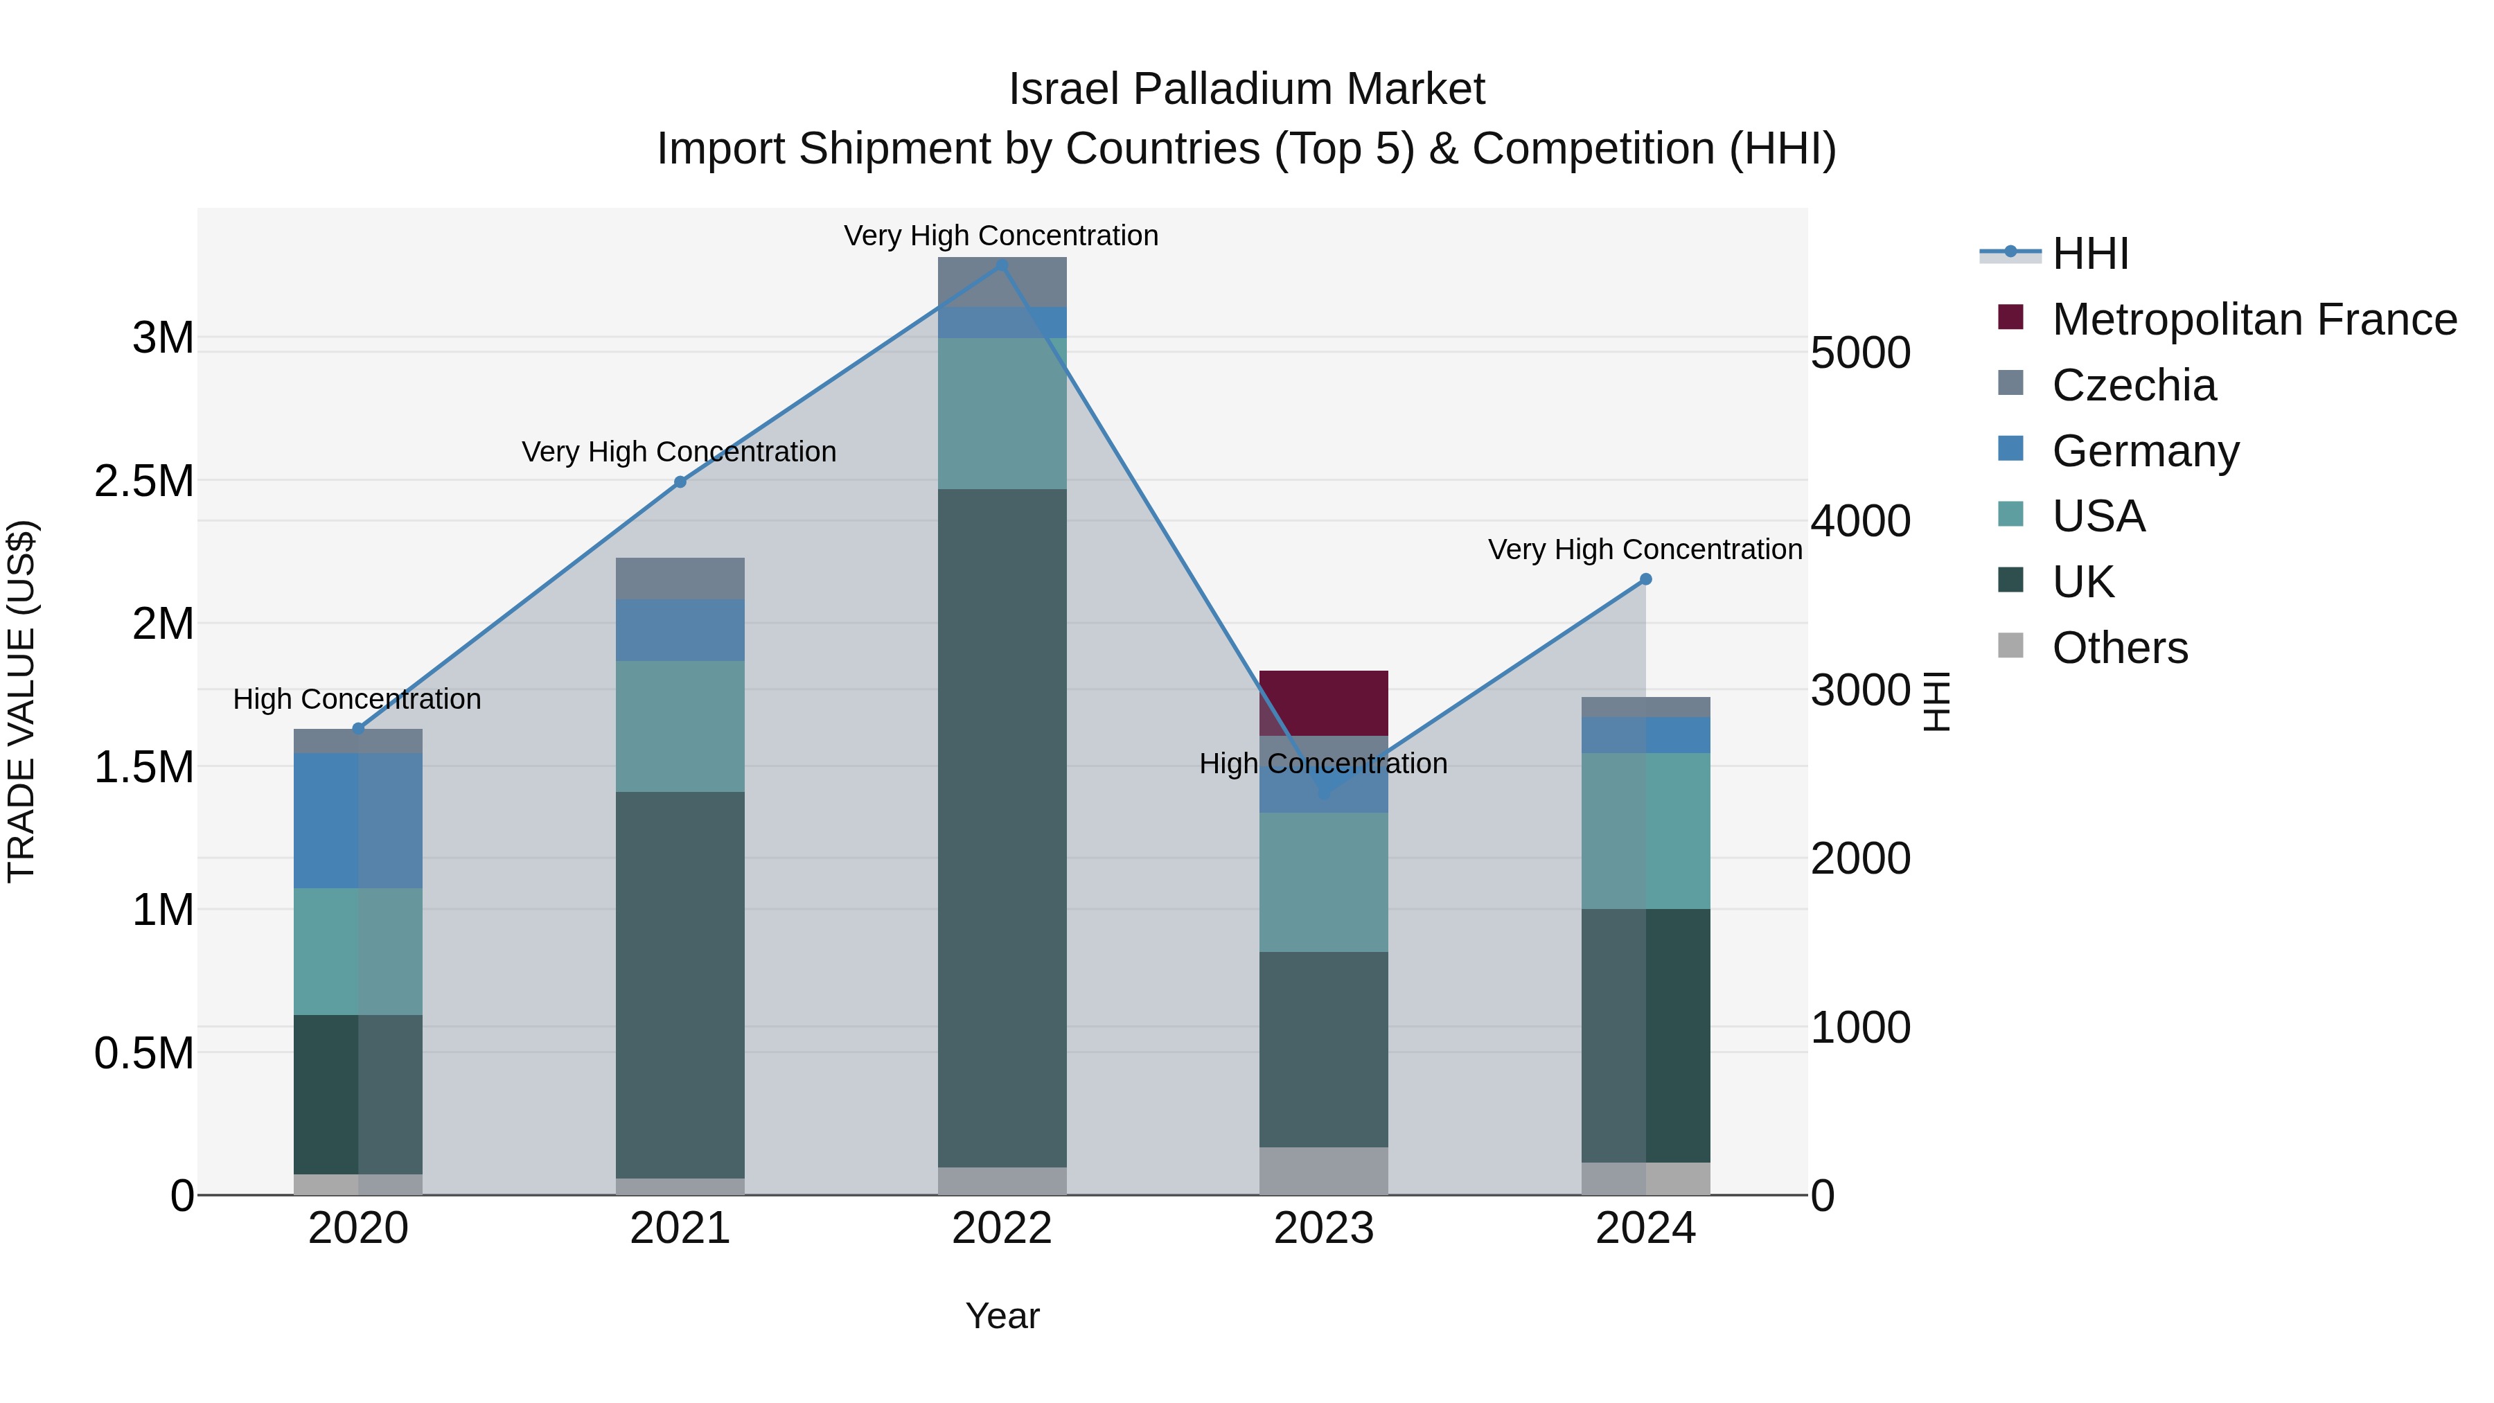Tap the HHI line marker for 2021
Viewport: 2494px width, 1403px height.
coord(680,482)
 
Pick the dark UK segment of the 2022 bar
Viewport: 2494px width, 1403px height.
coord(1002,828)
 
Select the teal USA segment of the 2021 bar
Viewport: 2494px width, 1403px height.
coord(680,726)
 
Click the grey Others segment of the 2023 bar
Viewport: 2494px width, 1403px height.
coord(1323,1171)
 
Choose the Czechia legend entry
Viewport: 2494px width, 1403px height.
coord(2133,385)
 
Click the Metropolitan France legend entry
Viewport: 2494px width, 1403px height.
coord(2253,319)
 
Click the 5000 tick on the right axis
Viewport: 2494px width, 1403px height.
coord(1860,353)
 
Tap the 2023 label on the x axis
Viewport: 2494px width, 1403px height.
coord(1323,1228)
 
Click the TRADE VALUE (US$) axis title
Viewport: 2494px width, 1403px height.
coord(21,701)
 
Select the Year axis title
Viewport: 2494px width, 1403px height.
coord(1002,1316)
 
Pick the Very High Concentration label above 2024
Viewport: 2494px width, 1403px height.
coord(1644,549)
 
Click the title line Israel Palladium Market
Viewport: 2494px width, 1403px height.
coord(1246,89)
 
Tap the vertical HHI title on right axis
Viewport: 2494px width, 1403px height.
coord(1936,701)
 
